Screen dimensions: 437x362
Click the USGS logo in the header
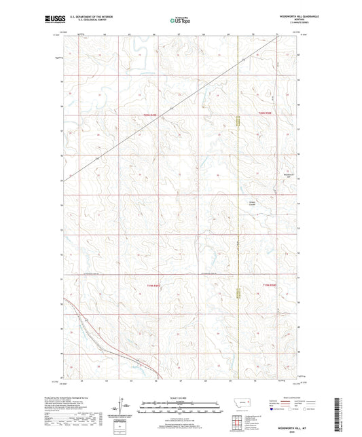(52, 20)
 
